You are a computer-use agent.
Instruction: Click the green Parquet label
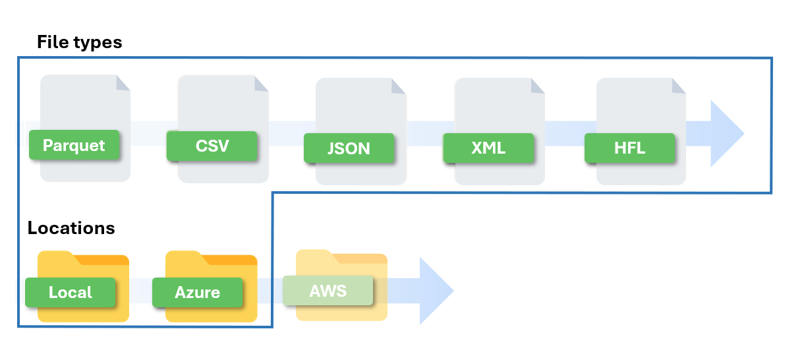click(74, 145)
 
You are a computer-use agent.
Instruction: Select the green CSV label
click(212, 145)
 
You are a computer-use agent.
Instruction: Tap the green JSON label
click(349, 148)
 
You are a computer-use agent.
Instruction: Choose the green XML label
click(488, 148)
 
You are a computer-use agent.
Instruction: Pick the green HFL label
click(629, 148)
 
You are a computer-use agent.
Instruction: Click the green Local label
click(71, 292)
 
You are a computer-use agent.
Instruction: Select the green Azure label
click(197, 292)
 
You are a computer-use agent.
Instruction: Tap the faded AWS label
click(328, 290)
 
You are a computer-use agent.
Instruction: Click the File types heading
click(79, 42)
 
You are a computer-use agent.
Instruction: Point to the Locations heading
click(71, 228)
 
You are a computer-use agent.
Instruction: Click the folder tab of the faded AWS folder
click(314, 255)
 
